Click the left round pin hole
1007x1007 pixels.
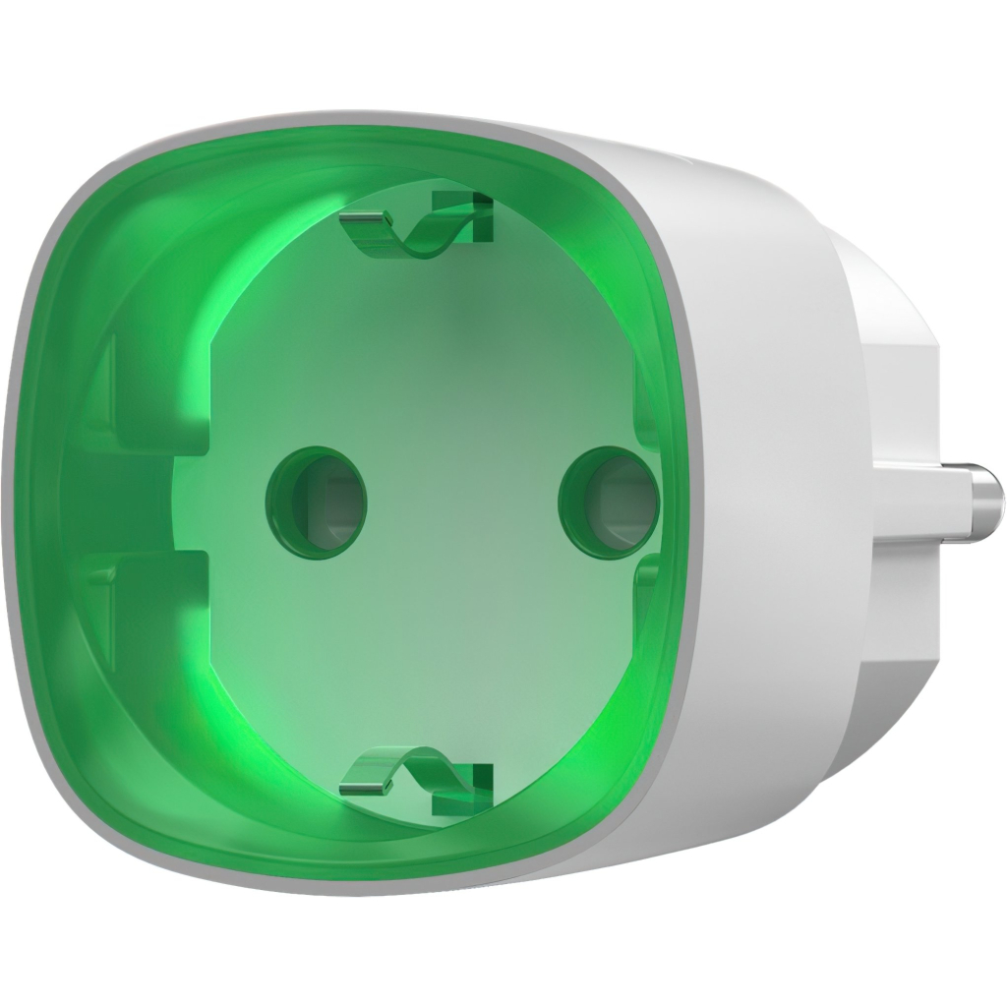316,499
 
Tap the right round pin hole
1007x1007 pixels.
608,500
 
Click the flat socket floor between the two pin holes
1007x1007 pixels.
462,502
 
